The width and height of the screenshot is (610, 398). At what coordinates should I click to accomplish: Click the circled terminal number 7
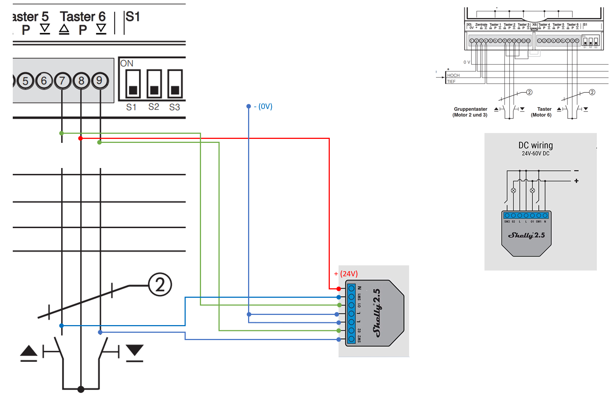pos(62,81)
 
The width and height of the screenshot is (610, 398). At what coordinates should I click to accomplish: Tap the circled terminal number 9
pos(100,80)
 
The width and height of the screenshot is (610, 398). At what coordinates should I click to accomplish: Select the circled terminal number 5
pos(25,81)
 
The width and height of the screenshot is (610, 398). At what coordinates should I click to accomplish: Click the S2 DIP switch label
pos(154,107)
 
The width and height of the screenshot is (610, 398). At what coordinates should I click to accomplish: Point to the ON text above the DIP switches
pos(127,63)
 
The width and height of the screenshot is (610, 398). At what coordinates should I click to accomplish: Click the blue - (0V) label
pos(263,106)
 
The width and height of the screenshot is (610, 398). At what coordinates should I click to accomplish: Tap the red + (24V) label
pos(346,274)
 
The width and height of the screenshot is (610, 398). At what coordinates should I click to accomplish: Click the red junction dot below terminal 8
pos(80,138)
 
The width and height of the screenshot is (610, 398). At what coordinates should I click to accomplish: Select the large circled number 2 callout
pos(160,285)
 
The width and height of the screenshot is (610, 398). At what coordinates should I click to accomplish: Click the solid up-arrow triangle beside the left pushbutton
pos(29,351)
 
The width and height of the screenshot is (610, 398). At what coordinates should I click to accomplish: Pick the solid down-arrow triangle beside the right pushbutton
pos(135,350)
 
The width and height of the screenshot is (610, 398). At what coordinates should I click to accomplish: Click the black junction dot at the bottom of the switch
pos(81,389)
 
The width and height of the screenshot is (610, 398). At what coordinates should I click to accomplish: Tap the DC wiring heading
pos(536,145)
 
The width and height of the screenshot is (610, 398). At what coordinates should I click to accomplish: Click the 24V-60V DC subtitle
pos(536,154)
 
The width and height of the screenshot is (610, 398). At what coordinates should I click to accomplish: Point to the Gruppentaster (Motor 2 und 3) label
pos(470,112)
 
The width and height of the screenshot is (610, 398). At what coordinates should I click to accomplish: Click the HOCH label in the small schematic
pos(453,75)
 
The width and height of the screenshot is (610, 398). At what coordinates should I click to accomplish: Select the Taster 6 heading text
pos(83,17)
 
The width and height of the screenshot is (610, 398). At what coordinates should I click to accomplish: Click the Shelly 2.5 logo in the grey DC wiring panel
pos(526,235)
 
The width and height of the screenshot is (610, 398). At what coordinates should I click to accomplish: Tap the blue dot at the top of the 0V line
pos(248,106)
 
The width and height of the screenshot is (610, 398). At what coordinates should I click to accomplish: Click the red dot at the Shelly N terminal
pos(339,289)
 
